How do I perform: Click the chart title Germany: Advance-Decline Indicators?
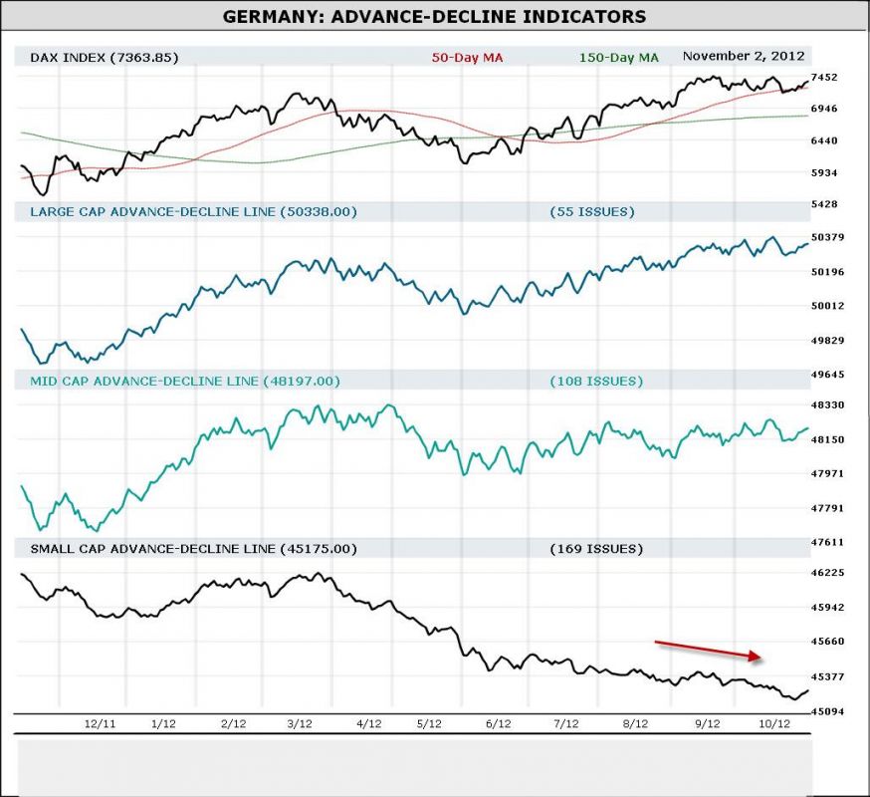pyautogui.click(x=434, y=17)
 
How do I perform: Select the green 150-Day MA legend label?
pyautogui.click(x=618, y=57)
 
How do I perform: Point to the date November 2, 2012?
pyautogui.click(x=744, y=56)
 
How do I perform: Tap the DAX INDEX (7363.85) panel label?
pyautogui.click(x=105, y=57)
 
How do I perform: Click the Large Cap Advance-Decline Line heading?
pyautogui.click(x=193, y=211)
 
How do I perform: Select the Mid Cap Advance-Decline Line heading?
pyautogui.click(x=185, y=381)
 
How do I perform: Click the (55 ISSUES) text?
pyautogui.click(x=591, y=211)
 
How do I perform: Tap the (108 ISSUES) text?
pyautogui.click(x=595, y=381)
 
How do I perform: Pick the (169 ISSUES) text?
pyautogui.click(x=595, y=549)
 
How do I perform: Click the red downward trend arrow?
pyautogui.click(x=708, y=650)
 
